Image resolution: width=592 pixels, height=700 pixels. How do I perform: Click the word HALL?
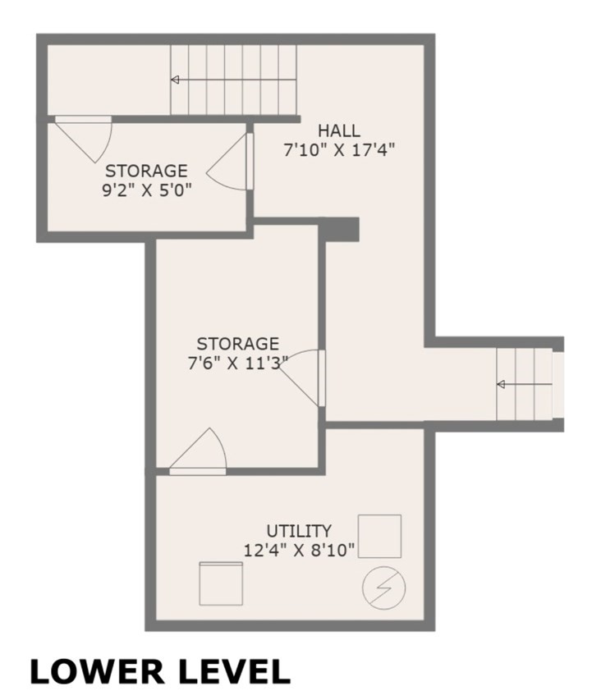339,130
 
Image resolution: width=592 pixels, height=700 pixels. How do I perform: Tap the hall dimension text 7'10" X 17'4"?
339,151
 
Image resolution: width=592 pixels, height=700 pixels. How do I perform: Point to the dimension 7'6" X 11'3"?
237,364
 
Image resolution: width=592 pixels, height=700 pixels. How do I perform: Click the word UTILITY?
299,530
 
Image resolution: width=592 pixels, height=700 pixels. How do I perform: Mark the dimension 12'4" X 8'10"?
299,551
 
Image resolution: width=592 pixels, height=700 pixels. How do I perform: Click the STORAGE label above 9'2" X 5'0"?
146,172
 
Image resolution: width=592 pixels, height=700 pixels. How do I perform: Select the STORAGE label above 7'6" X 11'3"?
237,344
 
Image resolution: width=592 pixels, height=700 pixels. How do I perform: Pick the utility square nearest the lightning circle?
380,536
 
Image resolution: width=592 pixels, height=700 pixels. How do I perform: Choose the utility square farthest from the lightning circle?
222,583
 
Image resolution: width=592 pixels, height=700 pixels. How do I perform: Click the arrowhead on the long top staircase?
175,80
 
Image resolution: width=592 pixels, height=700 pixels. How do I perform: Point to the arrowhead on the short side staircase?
501,384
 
